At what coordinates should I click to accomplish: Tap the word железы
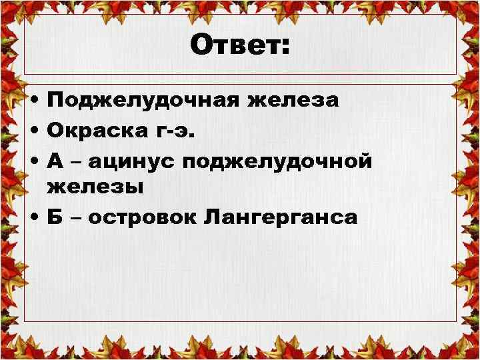point(95,187)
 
